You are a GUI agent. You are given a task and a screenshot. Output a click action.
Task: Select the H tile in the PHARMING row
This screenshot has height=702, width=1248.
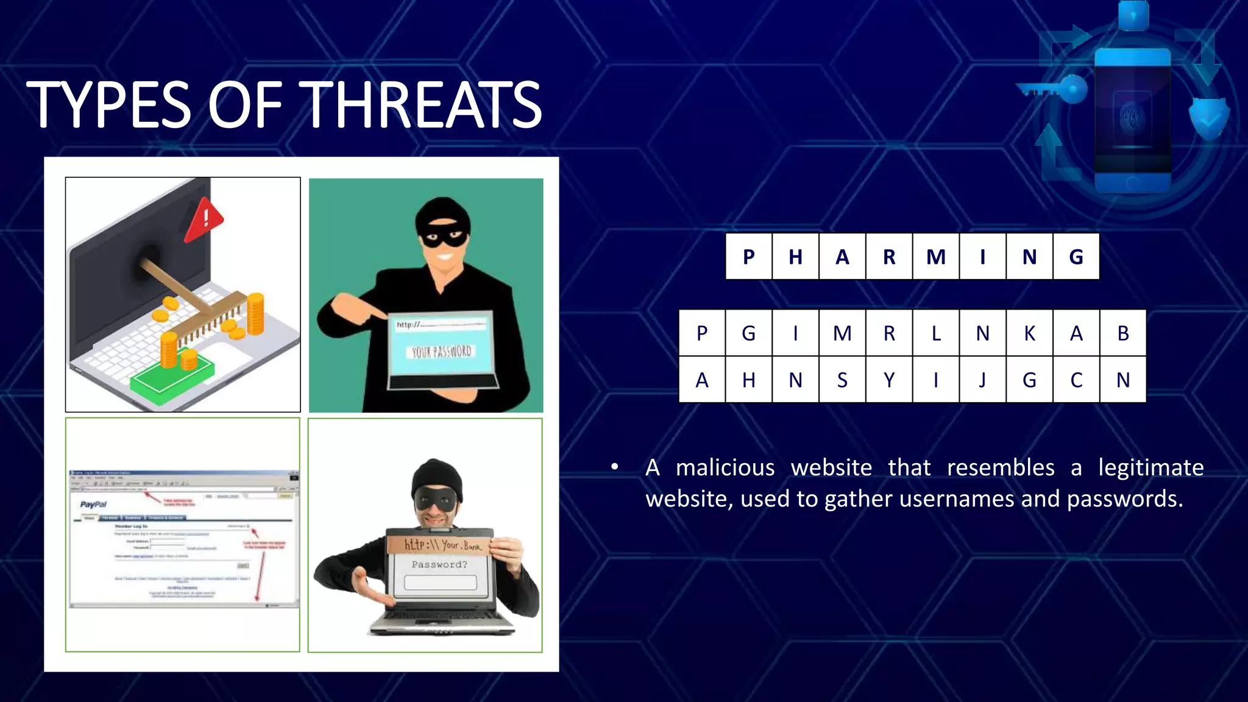(x=795, y=257)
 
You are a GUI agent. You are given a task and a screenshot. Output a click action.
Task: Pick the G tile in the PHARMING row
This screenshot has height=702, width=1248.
(x=1076, y=257)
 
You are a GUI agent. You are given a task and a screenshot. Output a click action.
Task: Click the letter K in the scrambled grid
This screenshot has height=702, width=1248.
(x=1029, y=333)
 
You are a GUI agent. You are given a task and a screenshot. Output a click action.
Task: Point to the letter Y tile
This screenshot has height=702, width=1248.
(x=889, y=380)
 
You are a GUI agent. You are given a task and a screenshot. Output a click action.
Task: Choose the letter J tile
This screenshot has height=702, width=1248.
(x=982, y=380)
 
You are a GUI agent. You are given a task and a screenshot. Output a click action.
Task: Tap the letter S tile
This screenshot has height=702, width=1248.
(x=842, y=380)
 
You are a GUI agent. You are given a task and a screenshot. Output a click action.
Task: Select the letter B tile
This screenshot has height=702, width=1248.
(x=1123, y=333)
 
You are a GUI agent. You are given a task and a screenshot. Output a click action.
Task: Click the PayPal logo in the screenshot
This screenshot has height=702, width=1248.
(x=93, y=505)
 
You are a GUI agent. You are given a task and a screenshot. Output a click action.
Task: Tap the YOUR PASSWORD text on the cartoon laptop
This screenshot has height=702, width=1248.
(x=441, y=352)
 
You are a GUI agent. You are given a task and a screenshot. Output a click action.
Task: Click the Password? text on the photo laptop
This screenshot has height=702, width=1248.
(x=439, y=565)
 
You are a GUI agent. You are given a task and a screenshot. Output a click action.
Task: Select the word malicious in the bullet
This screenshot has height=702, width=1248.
(x=725, y=468)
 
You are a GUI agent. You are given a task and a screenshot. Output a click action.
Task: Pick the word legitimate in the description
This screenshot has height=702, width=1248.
(x=1150, y=468)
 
